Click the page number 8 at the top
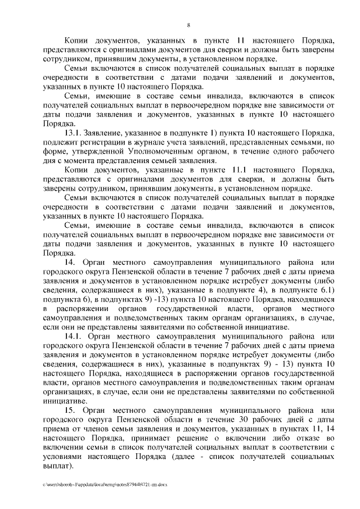point(188,24)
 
